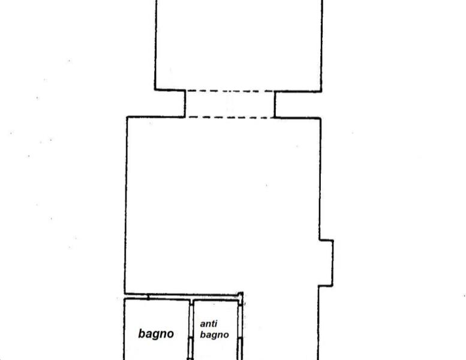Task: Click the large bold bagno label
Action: [156, 334]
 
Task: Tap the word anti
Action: [209, 323]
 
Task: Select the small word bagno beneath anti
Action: [214, 335]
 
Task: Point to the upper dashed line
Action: [230, 91]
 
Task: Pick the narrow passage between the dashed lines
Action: [230, 104]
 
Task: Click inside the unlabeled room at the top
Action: [239, 44]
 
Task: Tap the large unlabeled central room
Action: [223, 205]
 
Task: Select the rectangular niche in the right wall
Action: [326, 263]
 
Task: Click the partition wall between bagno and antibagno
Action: [191, 330]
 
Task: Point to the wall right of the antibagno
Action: [240, 330]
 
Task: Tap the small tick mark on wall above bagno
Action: [148, 297]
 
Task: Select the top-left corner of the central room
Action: [127, 117]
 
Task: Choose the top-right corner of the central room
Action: [320, 119]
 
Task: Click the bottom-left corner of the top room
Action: [155, 89]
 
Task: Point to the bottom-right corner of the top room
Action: [321, 91]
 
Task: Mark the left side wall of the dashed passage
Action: [185, 103]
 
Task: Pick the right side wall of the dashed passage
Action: [275, 104]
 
